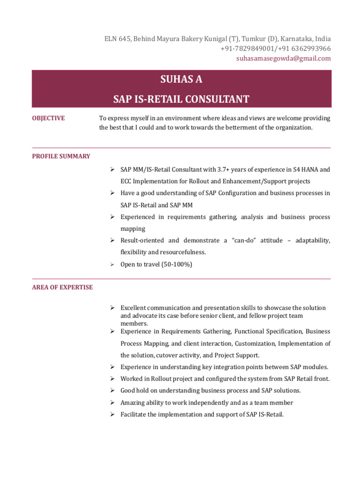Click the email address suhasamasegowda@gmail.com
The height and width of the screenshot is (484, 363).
click(284, 58)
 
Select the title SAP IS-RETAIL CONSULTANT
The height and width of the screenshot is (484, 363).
click(181, 99)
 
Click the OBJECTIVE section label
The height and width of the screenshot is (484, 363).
click(48, 118)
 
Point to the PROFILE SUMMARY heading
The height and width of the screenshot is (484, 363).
click(61, 156)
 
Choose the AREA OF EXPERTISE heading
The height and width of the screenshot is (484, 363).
click(62, 287)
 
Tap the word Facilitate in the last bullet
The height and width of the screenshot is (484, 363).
click(134, 415)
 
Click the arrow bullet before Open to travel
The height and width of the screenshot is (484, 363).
click(113, 264)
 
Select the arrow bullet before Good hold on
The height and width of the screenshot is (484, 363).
click(113, 390)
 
